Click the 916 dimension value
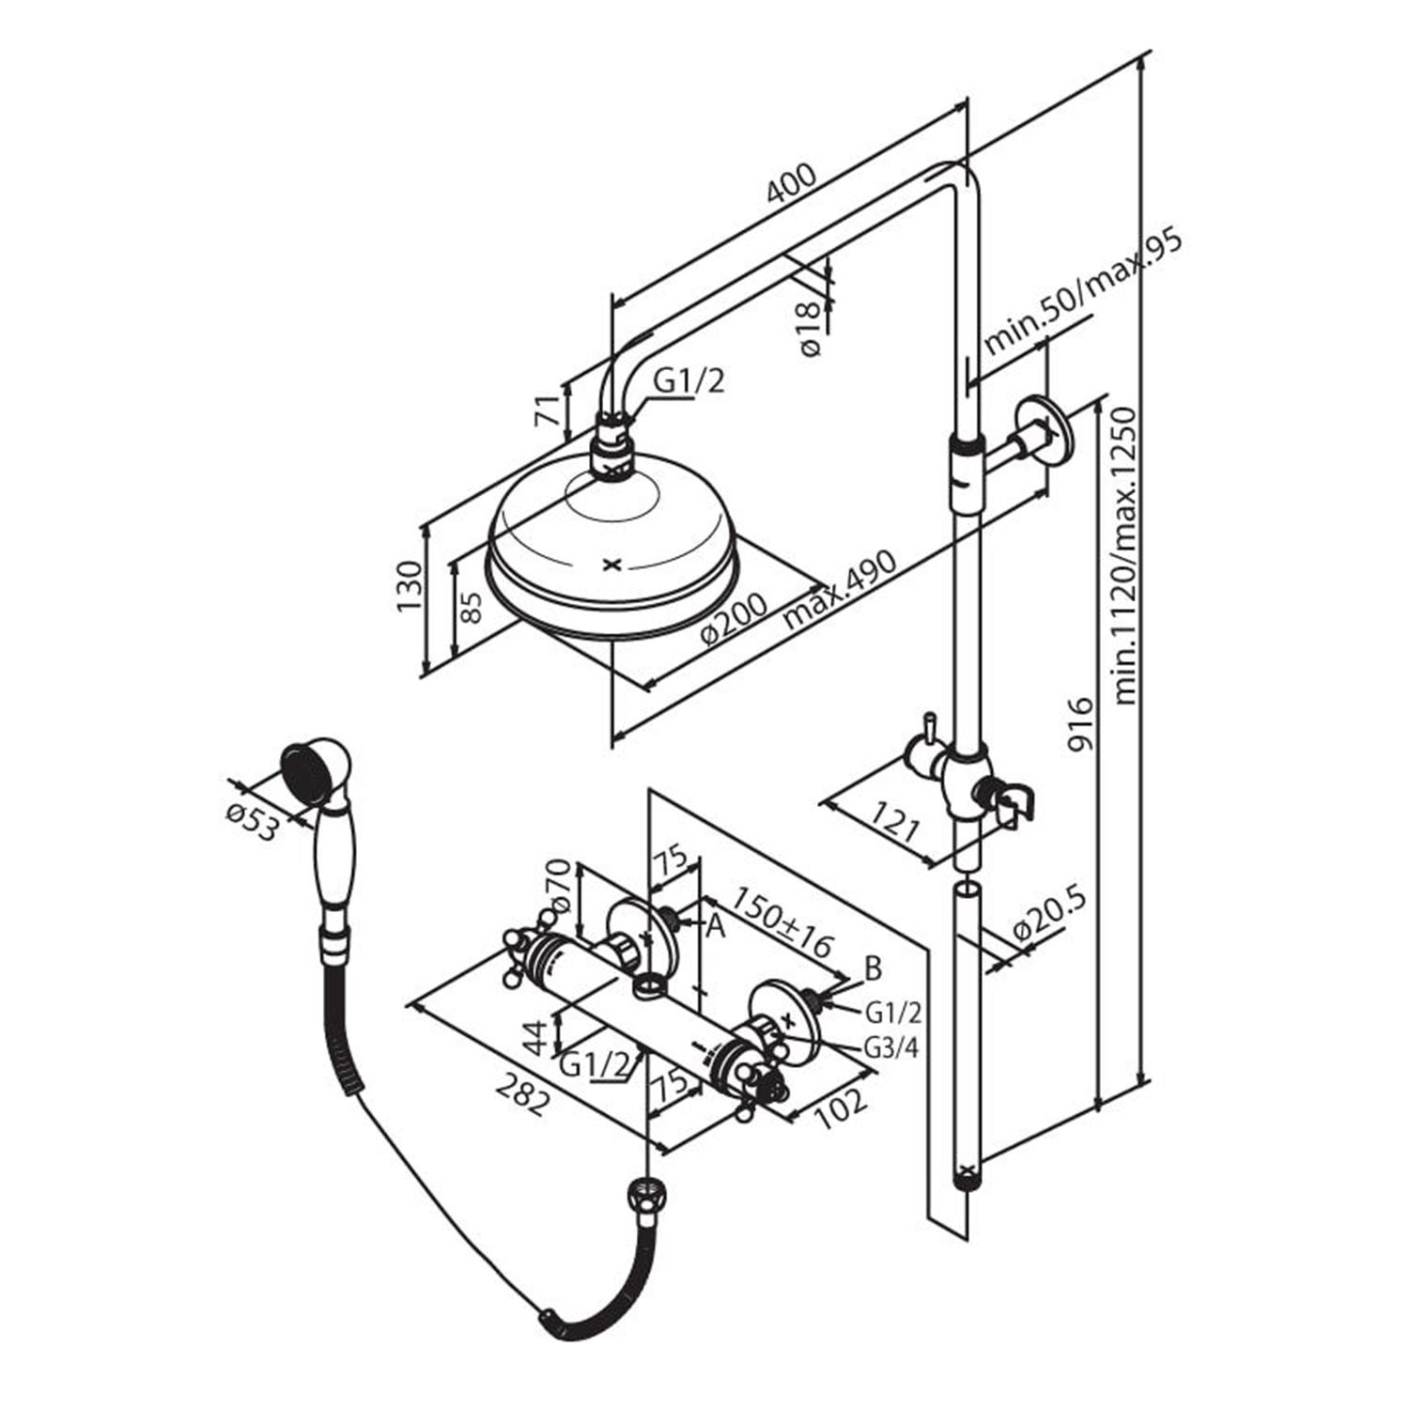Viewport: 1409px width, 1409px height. [x=1081, y=724]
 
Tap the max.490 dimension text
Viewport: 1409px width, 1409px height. [x=841, y=588]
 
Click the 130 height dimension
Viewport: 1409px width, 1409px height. [x=409, y=585]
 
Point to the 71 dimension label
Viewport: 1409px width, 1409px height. [x=549, y=410]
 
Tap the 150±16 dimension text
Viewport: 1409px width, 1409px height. [x=783, y=922]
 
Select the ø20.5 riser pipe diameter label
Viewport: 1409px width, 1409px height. [x=1049, y=916]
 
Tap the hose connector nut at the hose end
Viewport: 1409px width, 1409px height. [x=643, y=1199]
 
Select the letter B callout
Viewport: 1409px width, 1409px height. [x=873, y=968]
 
